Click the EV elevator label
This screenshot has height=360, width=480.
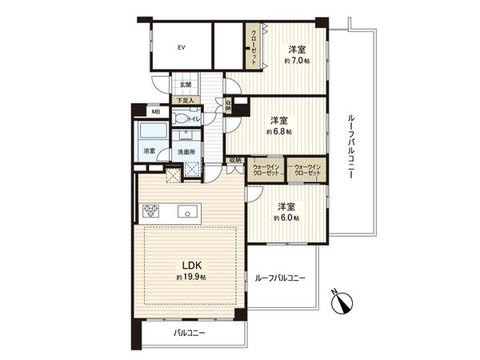(x=182, y=47)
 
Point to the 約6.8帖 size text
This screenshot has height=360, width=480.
(x=279, y=130)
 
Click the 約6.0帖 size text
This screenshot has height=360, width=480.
(x=286, y=217)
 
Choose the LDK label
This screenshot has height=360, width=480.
(x=190, y=265)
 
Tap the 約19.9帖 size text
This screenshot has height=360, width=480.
(x=191, y=277)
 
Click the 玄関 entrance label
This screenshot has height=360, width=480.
(x=185, y=84)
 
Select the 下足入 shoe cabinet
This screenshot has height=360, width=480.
(x=185, y=101)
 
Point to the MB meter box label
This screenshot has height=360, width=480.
(x=136, y=111)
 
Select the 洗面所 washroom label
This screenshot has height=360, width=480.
(x=186, y=150)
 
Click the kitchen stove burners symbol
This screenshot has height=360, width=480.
(x=152, y=212)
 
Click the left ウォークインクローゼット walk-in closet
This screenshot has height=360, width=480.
(x=266, y=170)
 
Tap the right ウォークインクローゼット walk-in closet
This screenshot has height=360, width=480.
(x=307, y=170)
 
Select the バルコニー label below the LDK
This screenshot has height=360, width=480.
(x=189, y=334)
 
